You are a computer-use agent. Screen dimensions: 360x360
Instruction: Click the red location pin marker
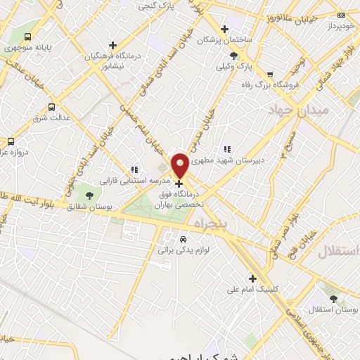[x=180, y=165]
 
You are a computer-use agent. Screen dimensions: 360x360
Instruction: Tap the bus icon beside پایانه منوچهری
[x=27, y=37]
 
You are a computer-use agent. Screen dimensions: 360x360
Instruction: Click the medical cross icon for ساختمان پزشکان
[x=224, y=29]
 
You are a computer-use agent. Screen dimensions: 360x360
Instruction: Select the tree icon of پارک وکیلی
[x=234, y=55]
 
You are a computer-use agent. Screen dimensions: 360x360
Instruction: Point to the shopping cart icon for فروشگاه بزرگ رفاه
[x=271, y=75]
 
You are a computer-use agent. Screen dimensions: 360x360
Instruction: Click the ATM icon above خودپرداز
[x=342, y=15]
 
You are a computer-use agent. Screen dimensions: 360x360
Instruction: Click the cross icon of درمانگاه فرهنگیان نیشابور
[x=112, y=45]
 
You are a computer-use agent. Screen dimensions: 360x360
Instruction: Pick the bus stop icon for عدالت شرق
[x=51, y=107]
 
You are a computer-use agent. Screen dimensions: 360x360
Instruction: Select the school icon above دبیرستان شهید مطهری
[x=226, y=150]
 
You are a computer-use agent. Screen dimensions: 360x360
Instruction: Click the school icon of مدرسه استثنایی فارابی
[x=134, y=169]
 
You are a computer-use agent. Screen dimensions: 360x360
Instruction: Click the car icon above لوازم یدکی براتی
[x=183, y=238]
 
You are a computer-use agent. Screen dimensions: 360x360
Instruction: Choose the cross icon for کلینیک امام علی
[x=252, y=278]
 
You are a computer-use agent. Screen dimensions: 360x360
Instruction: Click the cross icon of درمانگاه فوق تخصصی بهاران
[x=178, y=183]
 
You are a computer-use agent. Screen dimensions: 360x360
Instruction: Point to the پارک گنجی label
[x=156, y=6]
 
